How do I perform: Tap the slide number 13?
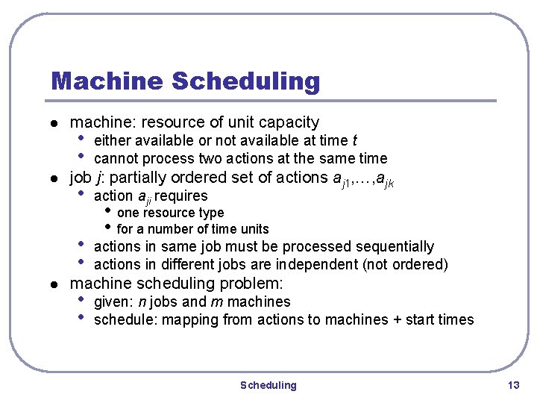coord(512,385)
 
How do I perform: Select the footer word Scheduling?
coord(268,385)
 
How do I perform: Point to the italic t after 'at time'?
coord(354,140)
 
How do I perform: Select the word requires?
coord(183,196)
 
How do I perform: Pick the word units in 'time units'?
coord(254,229)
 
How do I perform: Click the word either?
coord(112,140)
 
